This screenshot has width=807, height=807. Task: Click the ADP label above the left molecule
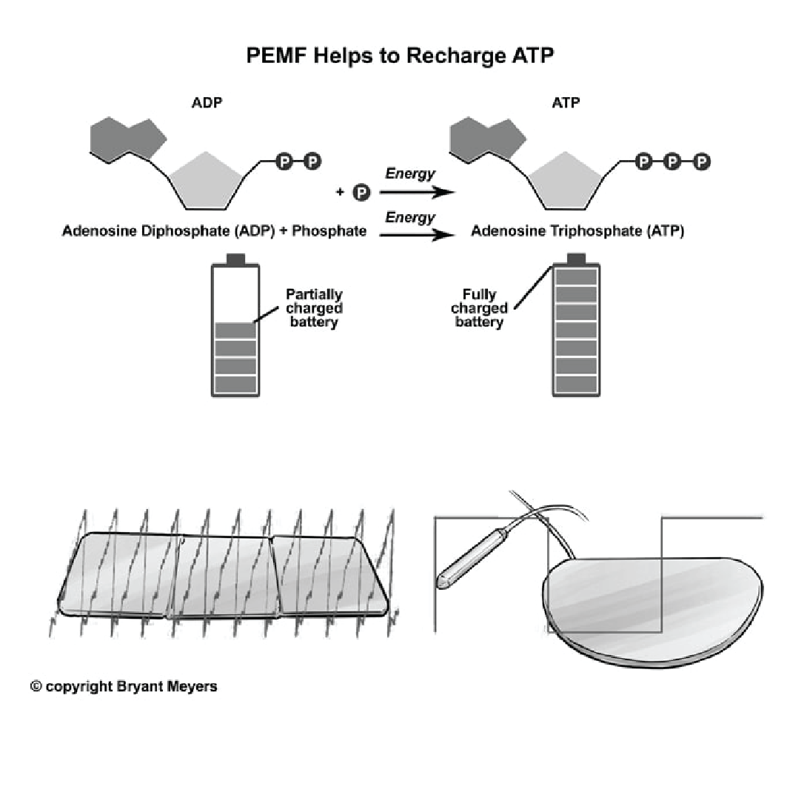(x=207, y=102)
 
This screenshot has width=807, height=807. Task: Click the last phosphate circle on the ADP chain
(x=312, y=161)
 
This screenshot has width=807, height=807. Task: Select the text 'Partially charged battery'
(x=314, y=308)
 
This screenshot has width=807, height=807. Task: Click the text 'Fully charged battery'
(x=479, y=308)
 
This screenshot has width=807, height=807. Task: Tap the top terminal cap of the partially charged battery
(x=235, y=259)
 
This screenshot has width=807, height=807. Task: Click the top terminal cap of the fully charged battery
(x=576, y=259)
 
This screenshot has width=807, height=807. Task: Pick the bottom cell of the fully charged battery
(x=576, y=385)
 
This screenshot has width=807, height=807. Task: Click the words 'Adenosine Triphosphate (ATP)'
(x=577, y=231)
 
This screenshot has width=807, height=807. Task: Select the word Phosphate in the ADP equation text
(x=329, y=231)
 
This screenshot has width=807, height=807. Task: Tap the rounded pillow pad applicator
(x=644, y=608)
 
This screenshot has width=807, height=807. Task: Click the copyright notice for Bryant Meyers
(x=124, y=686)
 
